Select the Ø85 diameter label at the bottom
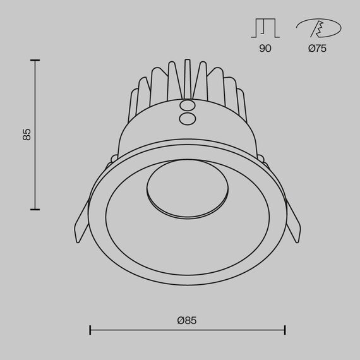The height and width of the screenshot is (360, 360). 187,321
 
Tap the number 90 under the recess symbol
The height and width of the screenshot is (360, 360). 265,49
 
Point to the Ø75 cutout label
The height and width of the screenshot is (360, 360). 318,49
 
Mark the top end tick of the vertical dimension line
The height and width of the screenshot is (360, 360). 35,61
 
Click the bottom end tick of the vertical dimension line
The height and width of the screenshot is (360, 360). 35,209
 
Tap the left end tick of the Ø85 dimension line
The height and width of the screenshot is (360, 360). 90,330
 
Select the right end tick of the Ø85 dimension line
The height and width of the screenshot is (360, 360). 285,330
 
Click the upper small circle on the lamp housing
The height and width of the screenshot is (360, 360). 187,106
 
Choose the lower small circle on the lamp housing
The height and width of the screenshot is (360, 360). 187,118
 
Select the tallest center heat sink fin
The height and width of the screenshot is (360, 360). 187,79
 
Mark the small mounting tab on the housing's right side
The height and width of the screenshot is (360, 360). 261,156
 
